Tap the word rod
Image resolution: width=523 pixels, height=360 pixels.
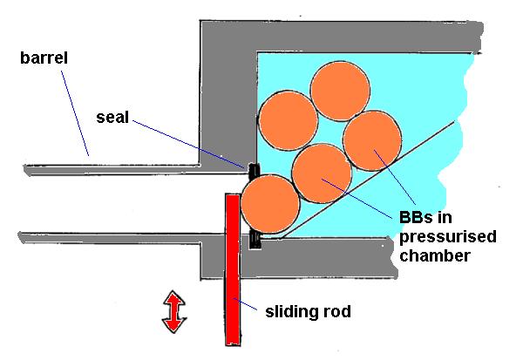point(335,310)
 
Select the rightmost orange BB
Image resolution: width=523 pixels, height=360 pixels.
point(372,142)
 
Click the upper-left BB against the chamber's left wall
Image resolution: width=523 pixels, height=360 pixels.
point(288,120)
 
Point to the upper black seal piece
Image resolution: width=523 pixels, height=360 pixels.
point(252,172)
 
